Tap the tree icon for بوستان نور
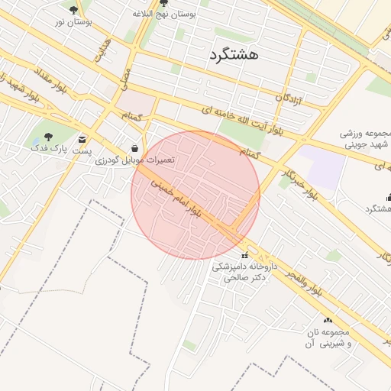coord(73,10)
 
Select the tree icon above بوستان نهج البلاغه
coord(163,3)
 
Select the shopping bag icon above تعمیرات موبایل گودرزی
coord(135,147)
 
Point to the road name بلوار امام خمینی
coord(176,197)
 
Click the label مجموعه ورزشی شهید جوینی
coord(365,138)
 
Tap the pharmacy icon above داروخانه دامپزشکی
coord(244,255)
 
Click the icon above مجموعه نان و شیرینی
coord(328,321)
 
